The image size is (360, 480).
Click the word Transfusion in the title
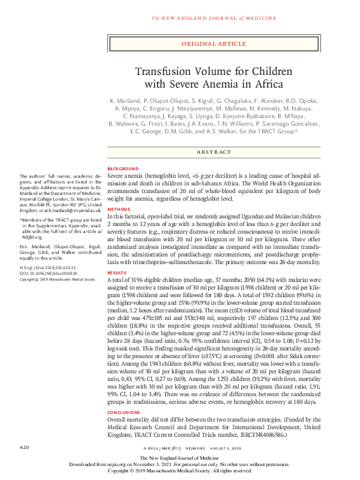pos(161,71)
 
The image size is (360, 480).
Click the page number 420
pos(25,448)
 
